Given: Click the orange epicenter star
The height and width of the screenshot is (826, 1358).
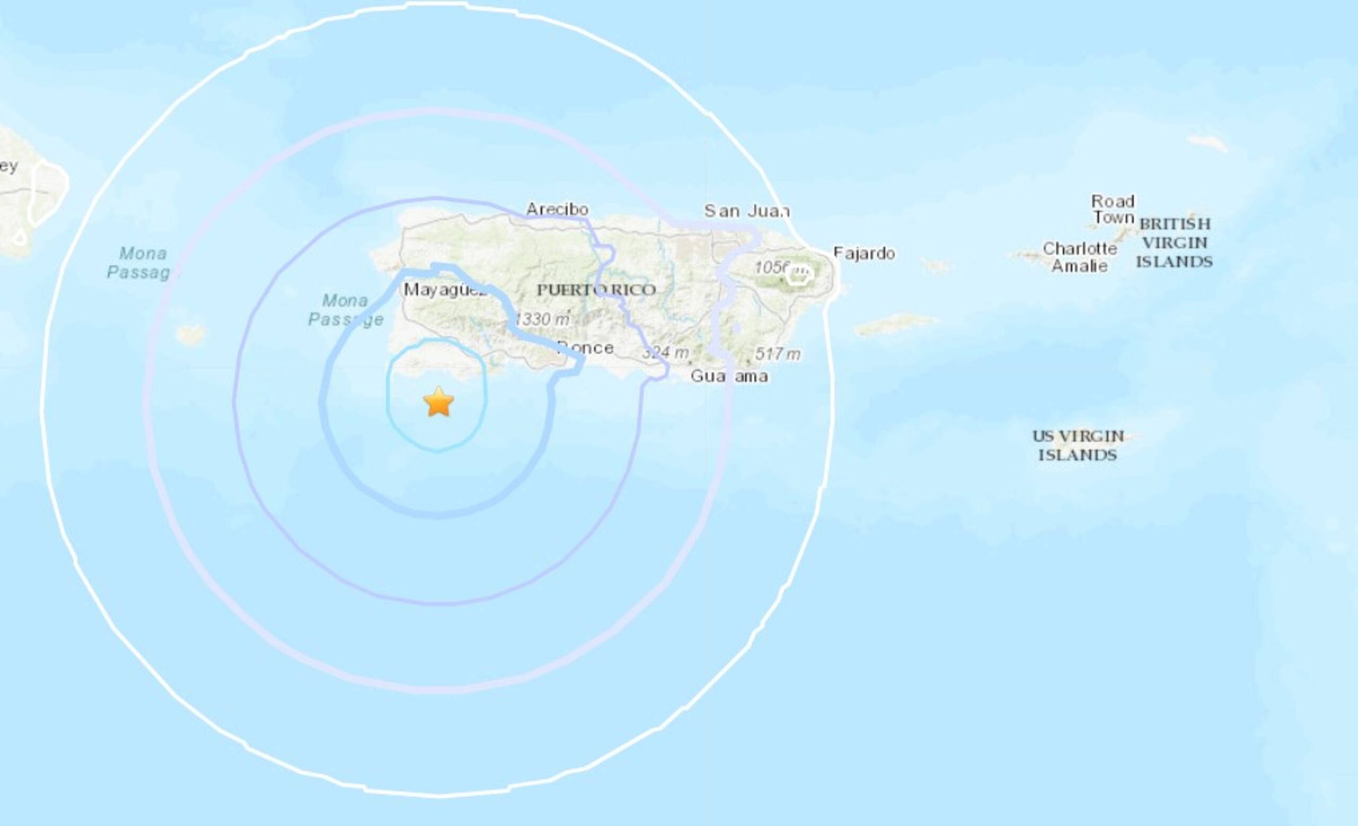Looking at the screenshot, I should click(x=439, y=402).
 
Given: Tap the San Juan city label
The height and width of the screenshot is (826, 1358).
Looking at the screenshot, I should click(x=747, y=211).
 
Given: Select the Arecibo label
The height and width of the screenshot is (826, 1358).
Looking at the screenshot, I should click(x=557, y=209).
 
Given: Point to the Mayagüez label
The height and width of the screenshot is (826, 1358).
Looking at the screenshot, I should click(x=445, y=289).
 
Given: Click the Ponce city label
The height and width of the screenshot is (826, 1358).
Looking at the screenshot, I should click(x=586, y=348).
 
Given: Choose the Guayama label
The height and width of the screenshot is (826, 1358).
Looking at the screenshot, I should click(x=729, y=376).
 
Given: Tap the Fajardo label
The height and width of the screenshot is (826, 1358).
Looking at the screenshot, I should click(x=864, y=253).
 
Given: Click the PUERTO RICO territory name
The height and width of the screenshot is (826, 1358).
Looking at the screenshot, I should click(x=596, y=289).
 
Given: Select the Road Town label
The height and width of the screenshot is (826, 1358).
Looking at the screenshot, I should click(x=1113, y=209).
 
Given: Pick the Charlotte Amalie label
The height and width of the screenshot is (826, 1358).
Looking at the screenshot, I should click(x=1080, y=257).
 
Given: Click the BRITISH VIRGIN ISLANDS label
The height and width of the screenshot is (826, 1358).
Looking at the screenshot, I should click(x=1174, y=243).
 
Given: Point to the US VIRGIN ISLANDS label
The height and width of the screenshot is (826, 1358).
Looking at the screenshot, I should click(x=1078, y=445).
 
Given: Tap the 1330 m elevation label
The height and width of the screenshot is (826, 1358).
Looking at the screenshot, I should click(x=542, y=319).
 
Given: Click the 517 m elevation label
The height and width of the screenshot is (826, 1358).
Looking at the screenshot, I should click(x=778, y=354).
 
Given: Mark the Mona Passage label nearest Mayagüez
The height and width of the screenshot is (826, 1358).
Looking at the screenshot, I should click(x=345, y=310).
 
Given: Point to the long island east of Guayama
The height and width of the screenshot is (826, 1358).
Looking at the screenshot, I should click(x=895, y=324).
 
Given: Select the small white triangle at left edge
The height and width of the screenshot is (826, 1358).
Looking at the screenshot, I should click(x=19, y=238).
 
